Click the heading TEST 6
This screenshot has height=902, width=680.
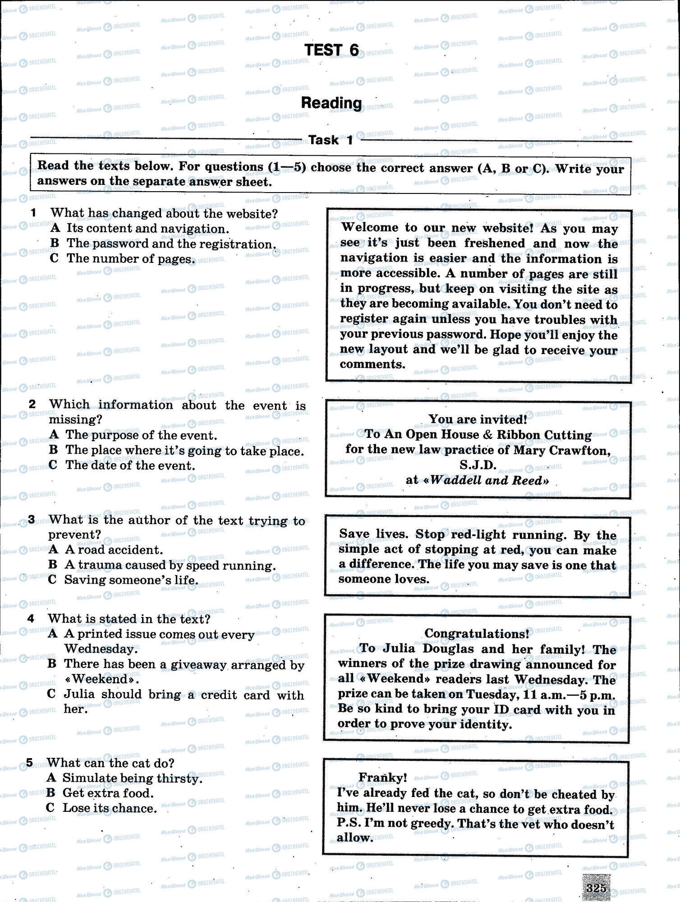coord(331,51)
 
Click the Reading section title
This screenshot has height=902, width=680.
coord(331,103)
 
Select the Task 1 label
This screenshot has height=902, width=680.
coord(331,140)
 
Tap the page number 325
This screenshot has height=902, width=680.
coord(596,888)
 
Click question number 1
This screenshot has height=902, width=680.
coord(33,212)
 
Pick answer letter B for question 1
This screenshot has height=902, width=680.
coord(55,244)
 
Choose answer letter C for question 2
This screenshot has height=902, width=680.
coord(53,465)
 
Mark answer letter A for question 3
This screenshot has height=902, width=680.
coord(53,549)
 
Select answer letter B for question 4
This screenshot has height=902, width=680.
coord(52,663)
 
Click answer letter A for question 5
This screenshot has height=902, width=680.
coord(51,778)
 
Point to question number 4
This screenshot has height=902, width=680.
coord(31,619)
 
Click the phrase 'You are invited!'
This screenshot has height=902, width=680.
coord(478,419)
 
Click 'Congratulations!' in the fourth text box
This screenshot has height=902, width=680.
coord(477,634)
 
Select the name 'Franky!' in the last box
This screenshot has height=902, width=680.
coord(382,778)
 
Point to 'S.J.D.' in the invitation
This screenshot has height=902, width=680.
coord(478,465)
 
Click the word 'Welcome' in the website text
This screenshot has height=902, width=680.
coord(370,228)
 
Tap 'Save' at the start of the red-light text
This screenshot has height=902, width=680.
coord(354,534)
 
